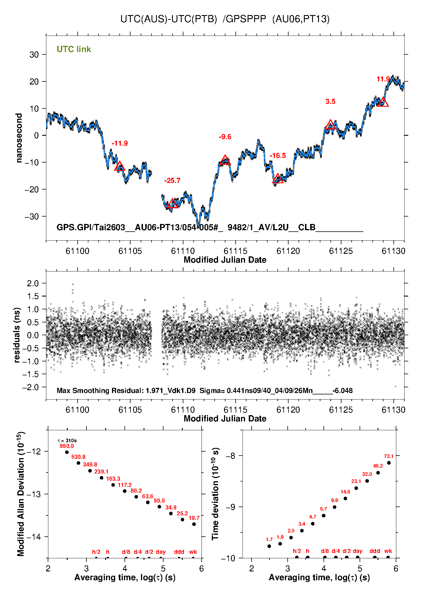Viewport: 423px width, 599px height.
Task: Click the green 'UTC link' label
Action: tap(74, 49)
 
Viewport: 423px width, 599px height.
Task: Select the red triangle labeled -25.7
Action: tap(173, 204)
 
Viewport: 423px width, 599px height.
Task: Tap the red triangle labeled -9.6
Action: tap(225, 160)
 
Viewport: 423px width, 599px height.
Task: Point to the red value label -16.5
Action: tap(278, 156)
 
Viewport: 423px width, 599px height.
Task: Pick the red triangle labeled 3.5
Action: tap(330, 125)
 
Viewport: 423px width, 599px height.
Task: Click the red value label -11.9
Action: tap(120, 143)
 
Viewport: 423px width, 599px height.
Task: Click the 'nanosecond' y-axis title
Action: tap(19, 138)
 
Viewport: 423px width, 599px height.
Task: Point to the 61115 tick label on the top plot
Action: tap(235, 251)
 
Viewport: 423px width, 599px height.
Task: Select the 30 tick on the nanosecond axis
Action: tap(34, 55)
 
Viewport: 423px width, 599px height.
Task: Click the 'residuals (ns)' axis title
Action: tap(17, 335)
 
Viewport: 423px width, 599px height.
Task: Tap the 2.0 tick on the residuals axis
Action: tap(33, 283)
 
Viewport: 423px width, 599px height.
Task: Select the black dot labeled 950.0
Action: tap(67, 452)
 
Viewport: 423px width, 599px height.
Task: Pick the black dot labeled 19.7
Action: tap(194, 524)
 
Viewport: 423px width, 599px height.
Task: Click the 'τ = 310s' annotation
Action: tap(67, 441)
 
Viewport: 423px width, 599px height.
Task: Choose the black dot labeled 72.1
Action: tap(389, 463)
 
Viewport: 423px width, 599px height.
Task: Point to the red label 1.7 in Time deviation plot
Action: tap(269, 539)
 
